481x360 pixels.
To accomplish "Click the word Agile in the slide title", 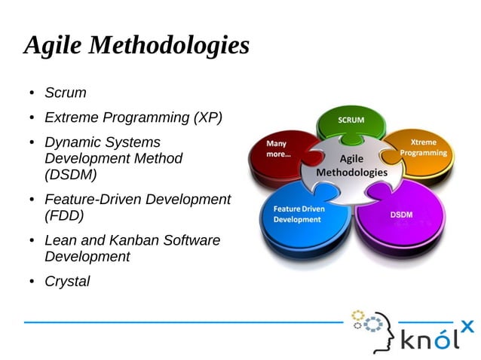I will click(54, 46).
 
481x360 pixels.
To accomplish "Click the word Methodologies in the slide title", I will click(169, 46).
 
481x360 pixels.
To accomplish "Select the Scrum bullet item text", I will click(66, 93).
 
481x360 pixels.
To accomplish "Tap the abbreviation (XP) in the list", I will click(207, 117).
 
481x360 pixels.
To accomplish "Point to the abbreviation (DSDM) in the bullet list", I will click(71, 175).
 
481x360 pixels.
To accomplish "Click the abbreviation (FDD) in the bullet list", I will click(64, 215).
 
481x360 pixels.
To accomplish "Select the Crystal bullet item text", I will click(67, 282).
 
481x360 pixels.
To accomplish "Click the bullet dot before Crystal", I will click(32, 282).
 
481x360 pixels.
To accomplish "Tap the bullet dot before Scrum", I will click(32, 94).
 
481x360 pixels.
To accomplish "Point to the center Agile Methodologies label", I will click(351, 166).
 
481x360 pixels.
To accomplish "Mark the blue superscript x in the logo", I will click(467, 325).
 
